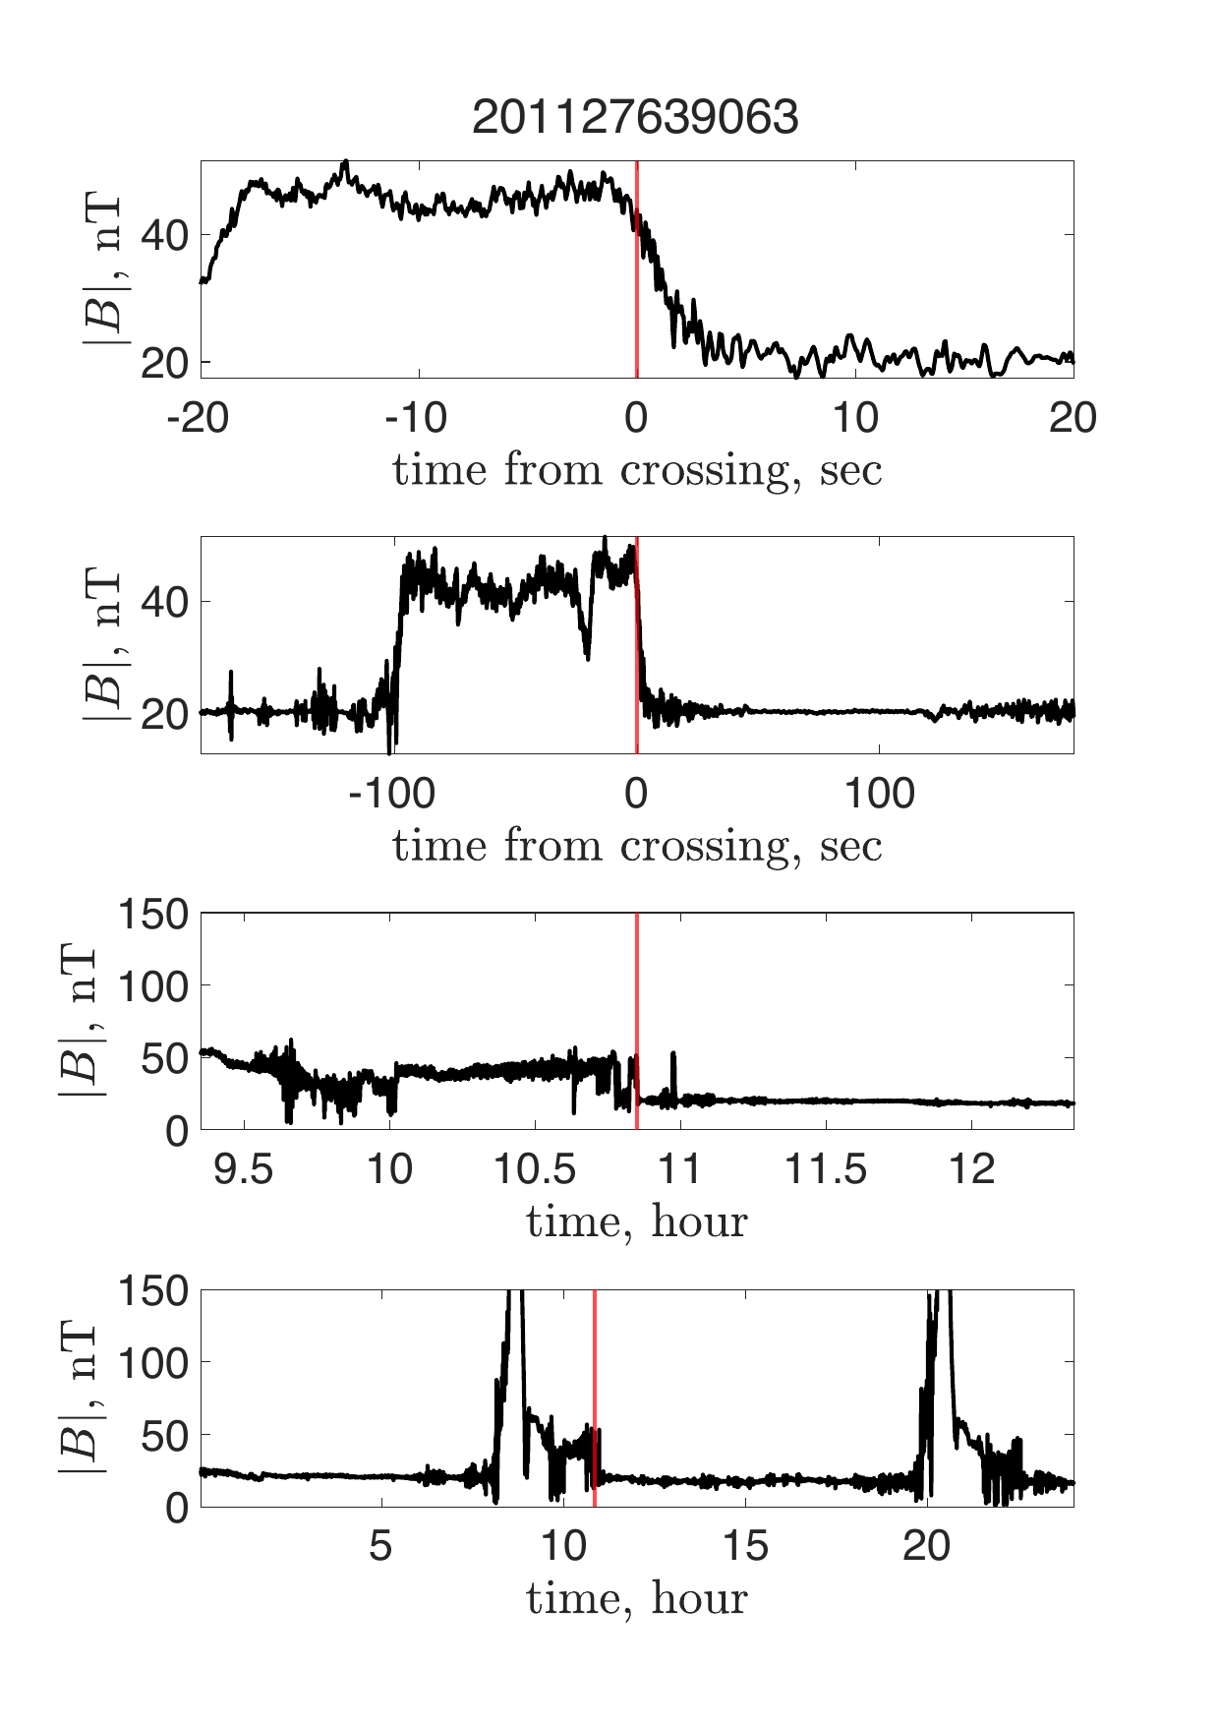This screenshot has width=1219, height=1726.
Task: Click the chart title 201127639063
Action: click(x=635, y=118)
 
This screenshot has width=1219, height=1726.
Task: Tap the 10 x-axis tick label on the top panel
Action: click(x=855, y=418)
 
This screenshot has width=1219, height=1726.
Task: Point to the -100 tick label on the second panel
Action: click(x=391, y=793)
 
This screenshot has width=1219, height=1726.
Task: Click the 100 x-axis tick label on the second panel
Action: click(x=880, y=793)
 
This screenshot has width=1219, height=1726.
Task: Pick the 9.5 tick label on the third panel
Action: click(x=243, y=1170)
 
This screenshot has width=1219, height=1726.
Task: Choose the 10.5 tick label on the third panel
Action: click(x=535, y=1170)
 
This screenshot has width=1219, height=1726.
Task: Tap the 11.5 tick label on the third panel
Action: click(x=826, y=1170)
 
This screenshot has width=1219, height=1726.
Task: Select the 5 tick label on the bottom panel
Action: click(x=380, y=1546)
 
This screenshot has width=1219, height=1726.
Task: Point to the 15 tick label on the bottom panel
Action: click(x=745, y=1546)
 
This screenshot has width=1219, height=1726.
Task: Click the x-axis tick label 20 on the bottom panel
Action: click(x=927, y=1546)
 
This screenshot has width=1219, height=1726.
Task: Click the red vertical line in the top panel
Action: click(x=637, y=295)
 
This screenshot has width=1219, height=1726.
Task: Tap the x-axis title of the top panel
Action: click(x=637, y=470)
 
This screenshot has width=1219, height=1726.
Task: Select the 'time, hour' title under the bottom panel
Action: click(x=637, y=1598)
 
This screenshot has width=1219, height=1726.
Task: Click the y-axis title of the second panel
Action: click(x=102, y=645)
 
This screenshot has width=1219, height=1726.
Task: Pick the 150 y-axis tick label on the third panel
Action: click(x=153, y=915)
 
